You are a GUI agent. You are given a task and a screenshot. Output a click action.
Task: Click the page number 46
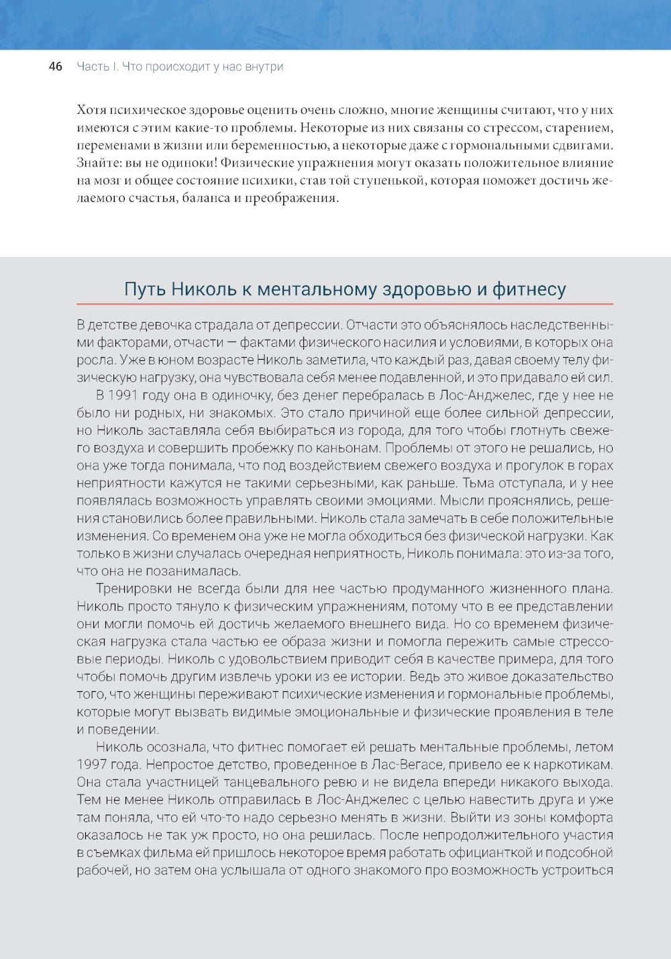(56, 66)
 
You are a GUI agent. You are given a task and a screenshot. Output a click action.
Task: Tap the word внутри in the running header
(264, 66)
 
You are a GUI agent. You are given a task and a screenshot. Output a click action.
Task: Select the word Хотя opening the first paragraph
(91, 110)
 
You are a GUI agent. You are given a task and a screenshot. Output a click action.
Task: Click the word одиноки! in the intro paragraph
(187, 163)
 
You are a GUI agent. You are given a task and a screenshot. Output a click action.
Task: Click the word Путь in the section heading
(144, 289)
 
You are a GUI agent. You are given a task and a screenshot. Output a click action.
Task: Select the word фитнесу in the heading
(529, 289)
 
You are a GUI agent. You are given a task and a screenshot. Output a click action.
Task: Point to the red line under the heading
(345, 304)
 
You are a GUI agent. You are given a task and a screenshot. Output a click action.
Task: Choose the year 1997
(91, 764)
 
